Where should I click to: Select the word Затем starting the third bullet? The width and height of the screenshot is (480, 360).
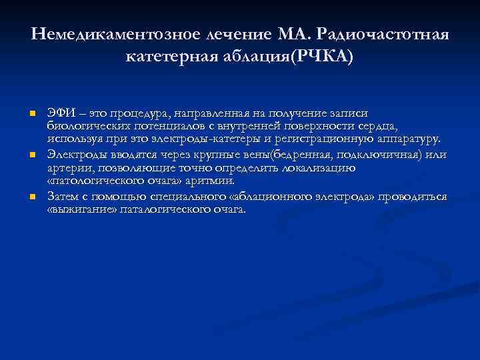click(x=62, y=197)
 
